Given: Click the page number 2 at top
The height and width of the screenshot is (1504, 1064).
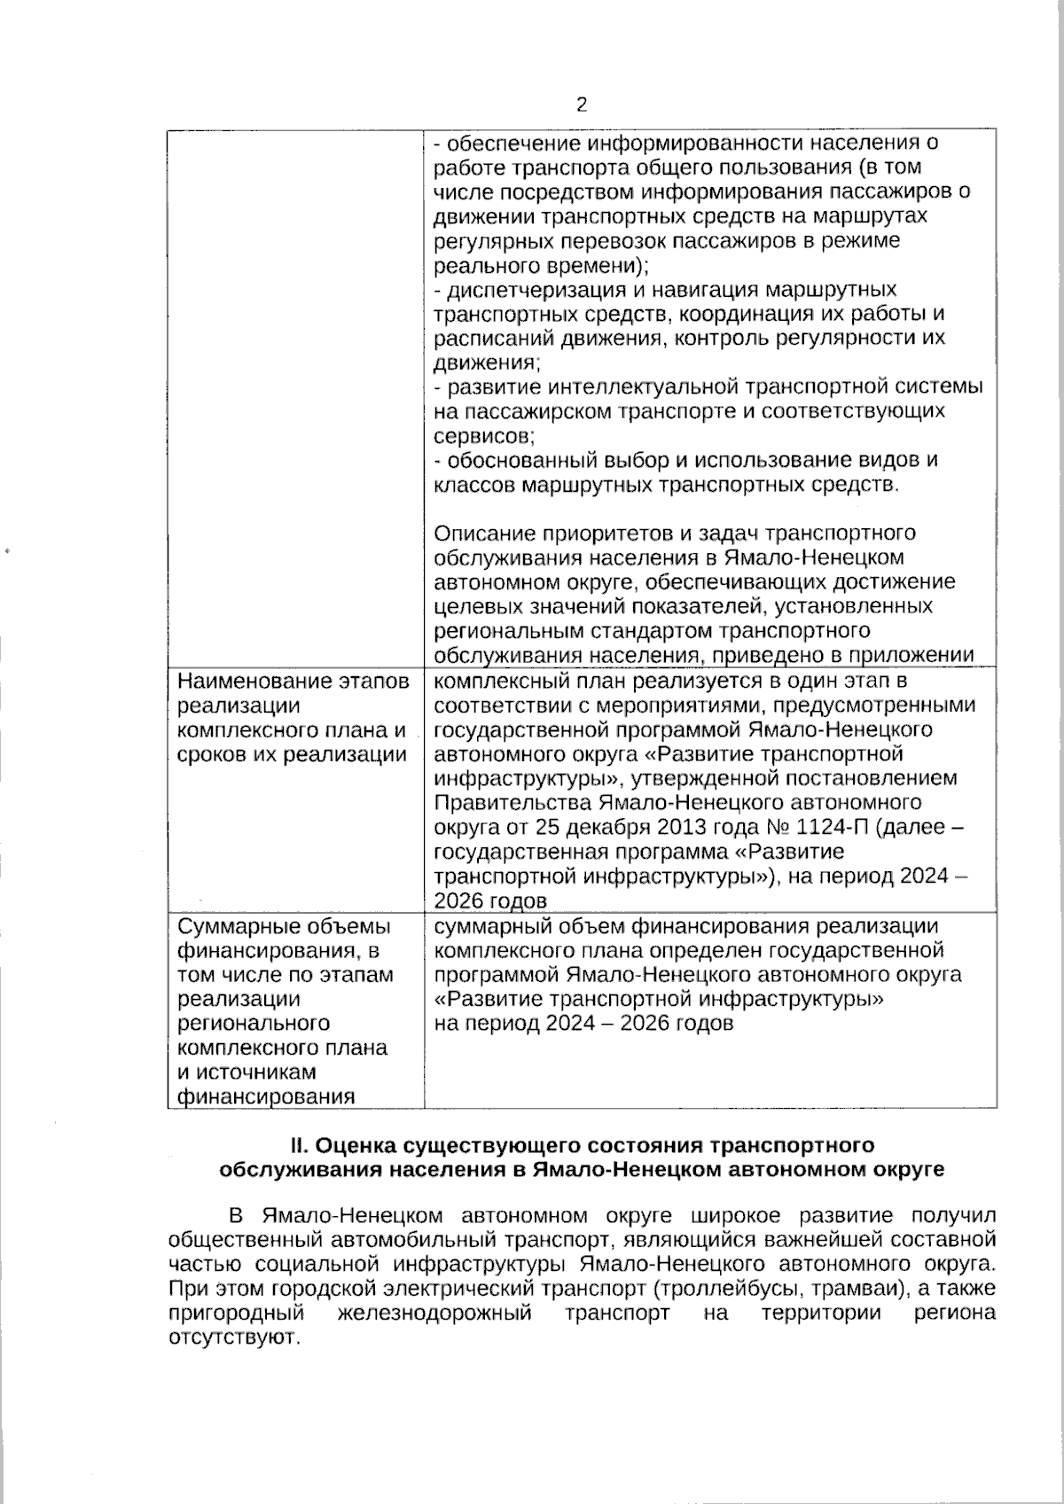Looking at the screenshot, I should tap(582, 105).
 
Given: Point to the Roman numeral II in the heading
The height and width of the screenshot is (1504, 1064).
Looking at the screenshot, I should tap(298, 1145).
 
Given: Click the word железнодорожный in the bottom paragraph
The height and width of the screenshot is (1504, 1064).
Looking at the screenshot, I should tap(434, 1313).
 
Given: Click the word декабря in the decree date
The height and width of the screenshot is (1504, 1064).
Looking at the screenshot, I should tap(585, 828).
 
